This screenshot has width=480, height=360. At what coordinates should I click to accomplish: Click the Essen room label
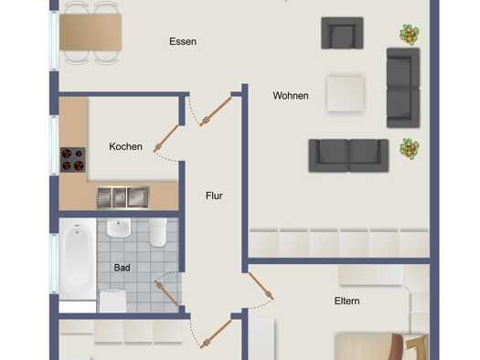[x=183, y=41]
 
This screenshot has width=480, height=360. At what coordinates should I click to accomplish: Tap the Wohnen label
[x=291, y=95]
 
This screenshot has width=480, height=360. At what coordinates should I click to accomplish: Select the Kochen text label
[x=125, y=146]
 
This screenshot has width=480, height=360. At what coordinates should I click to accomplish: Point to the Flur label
[x=214, y=196]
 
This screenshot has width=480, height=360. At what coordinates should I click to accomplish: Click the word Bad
[x=122, y=268]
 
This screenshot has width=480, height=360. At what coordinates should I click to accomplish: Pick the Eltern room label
[x=347, y=301]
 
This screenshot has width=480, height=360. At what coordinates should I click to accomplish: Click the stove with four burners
[x=73, y=160]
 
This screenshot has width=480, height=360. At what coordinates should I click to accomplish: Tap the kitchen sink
[x=123, y=197]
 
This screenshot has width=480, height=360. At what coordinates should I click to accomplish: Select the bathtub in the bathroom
[x=78, y=259]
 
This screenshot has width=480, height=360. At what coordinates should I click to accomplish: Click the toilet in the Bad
[x=158, y=232]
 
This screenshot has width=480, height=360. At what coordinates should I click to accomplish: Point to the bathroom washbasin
[x=119, y=228]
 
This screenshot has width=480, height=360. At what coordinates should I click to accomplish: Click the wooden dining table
[x=91, y=32]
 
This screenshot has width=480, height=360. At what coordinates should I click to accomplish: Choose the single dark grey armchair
[x=342, y=33]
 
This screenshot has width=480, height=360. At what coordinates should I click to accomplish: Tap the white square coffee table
[x=346, y=93]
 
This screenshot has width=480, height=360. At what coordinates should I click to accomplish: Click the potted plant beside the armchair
[x=410, y=34]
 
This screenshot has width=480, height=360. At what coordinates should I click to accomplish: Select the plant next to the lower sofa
[x=410, y=149]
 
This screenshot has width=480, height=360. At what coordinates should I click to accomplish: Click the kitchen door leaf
[x=165, y=138]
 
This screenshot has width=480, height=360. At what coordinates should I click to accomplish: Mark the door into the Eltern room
[x=261, y=286]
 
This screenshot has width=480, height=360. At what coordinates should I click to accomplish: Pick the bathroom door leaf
[x=166, y=293]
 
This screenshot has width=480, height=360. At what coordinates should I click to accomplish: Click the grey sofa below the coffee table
[x=348, y=155]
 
